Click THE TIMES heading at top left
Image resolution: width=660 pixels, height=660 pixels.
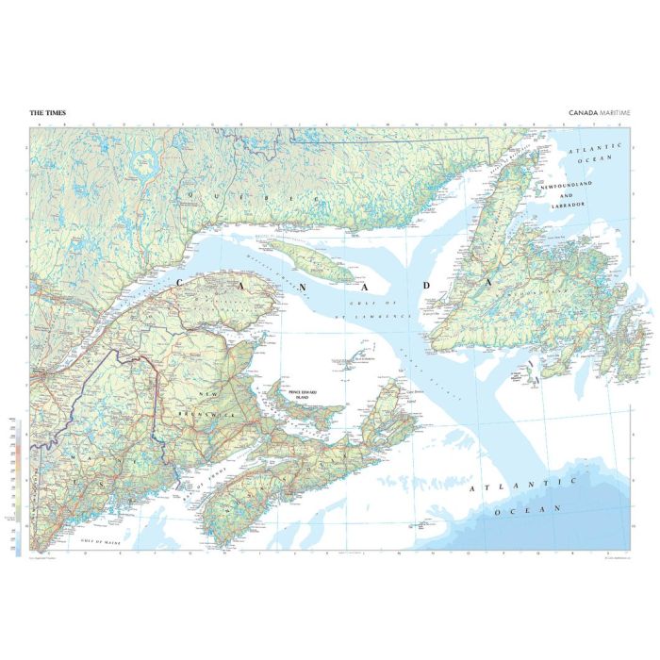pyautogui.click(x=47, y=113)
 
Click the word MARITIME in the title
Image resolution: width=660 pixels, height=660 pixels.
pyautogui.click(x=614, y=113)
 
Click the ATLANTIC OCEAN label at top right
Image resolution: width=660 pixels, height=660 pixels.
pyautogui.click(x=599, y=152)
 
